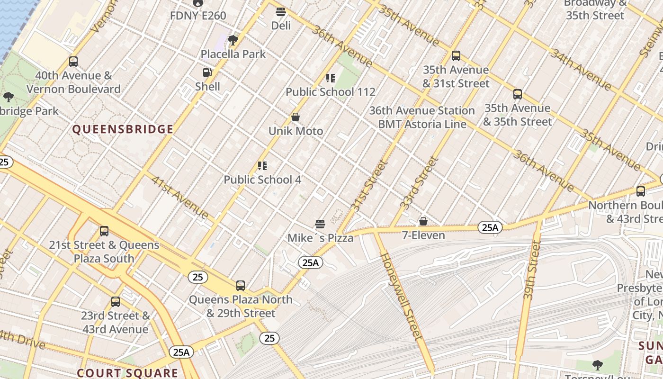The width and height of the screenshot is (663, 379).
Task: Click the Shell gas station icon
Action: [207, 72]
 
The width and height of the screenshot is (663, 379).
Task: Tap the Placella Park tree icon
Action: [233, 40]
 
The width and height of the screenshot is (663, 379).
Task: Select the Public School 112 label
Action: [330, 92]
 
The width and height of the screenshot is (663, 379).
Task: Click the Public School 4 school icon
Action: [262, 165]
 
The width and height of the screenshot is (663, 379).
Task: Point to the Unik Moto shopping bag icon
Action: [296, 117]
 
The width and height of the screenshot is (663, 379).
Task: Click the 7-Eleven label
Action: [423, 235]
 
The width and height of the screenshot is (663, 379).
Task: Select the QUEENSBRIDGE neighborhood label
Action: [123, 129]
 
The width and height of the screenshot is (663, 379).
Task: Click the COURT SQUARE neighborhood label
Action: [127, 373]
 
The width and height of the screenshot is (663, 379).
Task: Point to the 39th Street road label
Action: [532, 270]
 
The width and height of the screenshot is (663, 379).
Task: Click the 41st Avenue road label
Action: [179, 198]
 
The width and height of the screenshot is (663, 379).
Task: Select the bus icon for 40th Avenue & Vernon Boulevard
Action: [73, 61]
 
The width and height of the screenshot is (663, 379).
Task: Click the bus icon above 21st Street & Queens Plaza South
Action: [104, 231]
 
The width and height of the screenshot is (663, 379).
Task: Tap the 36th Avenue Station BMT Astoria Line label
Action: [421, 117]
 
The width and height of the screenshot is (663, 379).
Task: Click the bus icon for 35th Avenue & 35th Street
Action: [517, 94]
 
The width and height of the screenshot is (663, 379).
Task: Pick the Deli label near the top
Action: [281, 26]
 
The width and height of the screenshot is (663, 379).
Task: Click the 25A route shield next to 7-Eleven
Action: [489, 227]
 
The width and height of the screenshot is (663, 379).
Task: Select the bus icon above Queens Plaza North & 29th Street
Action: [241, 285]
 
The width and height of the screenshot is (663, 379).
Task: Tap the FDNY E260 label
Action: [198, 15]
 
